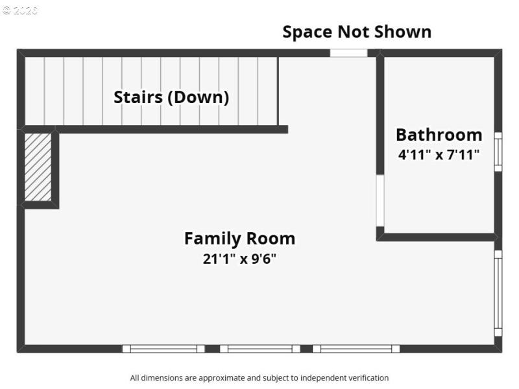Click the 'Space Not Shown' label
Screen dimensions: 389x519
pos(356,32)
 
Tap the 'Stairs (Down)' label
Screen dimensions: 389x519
pos(171,97)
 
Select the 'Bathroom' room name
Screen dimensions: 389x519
pos(439,134)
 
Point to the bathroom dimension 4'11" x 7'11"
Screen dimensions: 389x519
pos(439,154)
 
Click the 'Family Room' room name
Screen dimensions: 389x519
pos(239,239)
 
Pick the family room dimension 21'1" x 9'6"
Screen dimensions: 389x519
pos(239,259)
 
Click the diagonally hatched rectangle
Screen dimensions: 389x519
pos(38,167)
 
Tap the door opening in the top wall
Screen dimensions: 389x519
pos(348,53)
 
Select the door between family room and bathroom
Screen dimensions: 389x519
pos(380,200)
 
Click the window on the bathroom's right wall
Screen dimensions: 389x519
pos(498,152)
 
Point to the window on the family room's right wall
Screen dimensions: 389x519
pos(498,292)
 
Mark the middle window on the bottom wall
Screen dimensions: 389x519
pos(259,349)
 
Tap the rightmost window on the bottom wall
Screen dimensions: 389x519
pos(356,349)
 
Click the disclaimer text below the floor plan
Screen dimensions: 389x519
pos(259,377)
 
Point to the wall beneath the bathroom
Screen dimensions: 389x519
pos(438,237)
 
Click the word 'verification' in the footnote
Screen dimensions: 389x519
pos(368,377)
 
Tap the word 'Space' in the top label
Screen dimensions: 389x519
pos(307,32)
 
